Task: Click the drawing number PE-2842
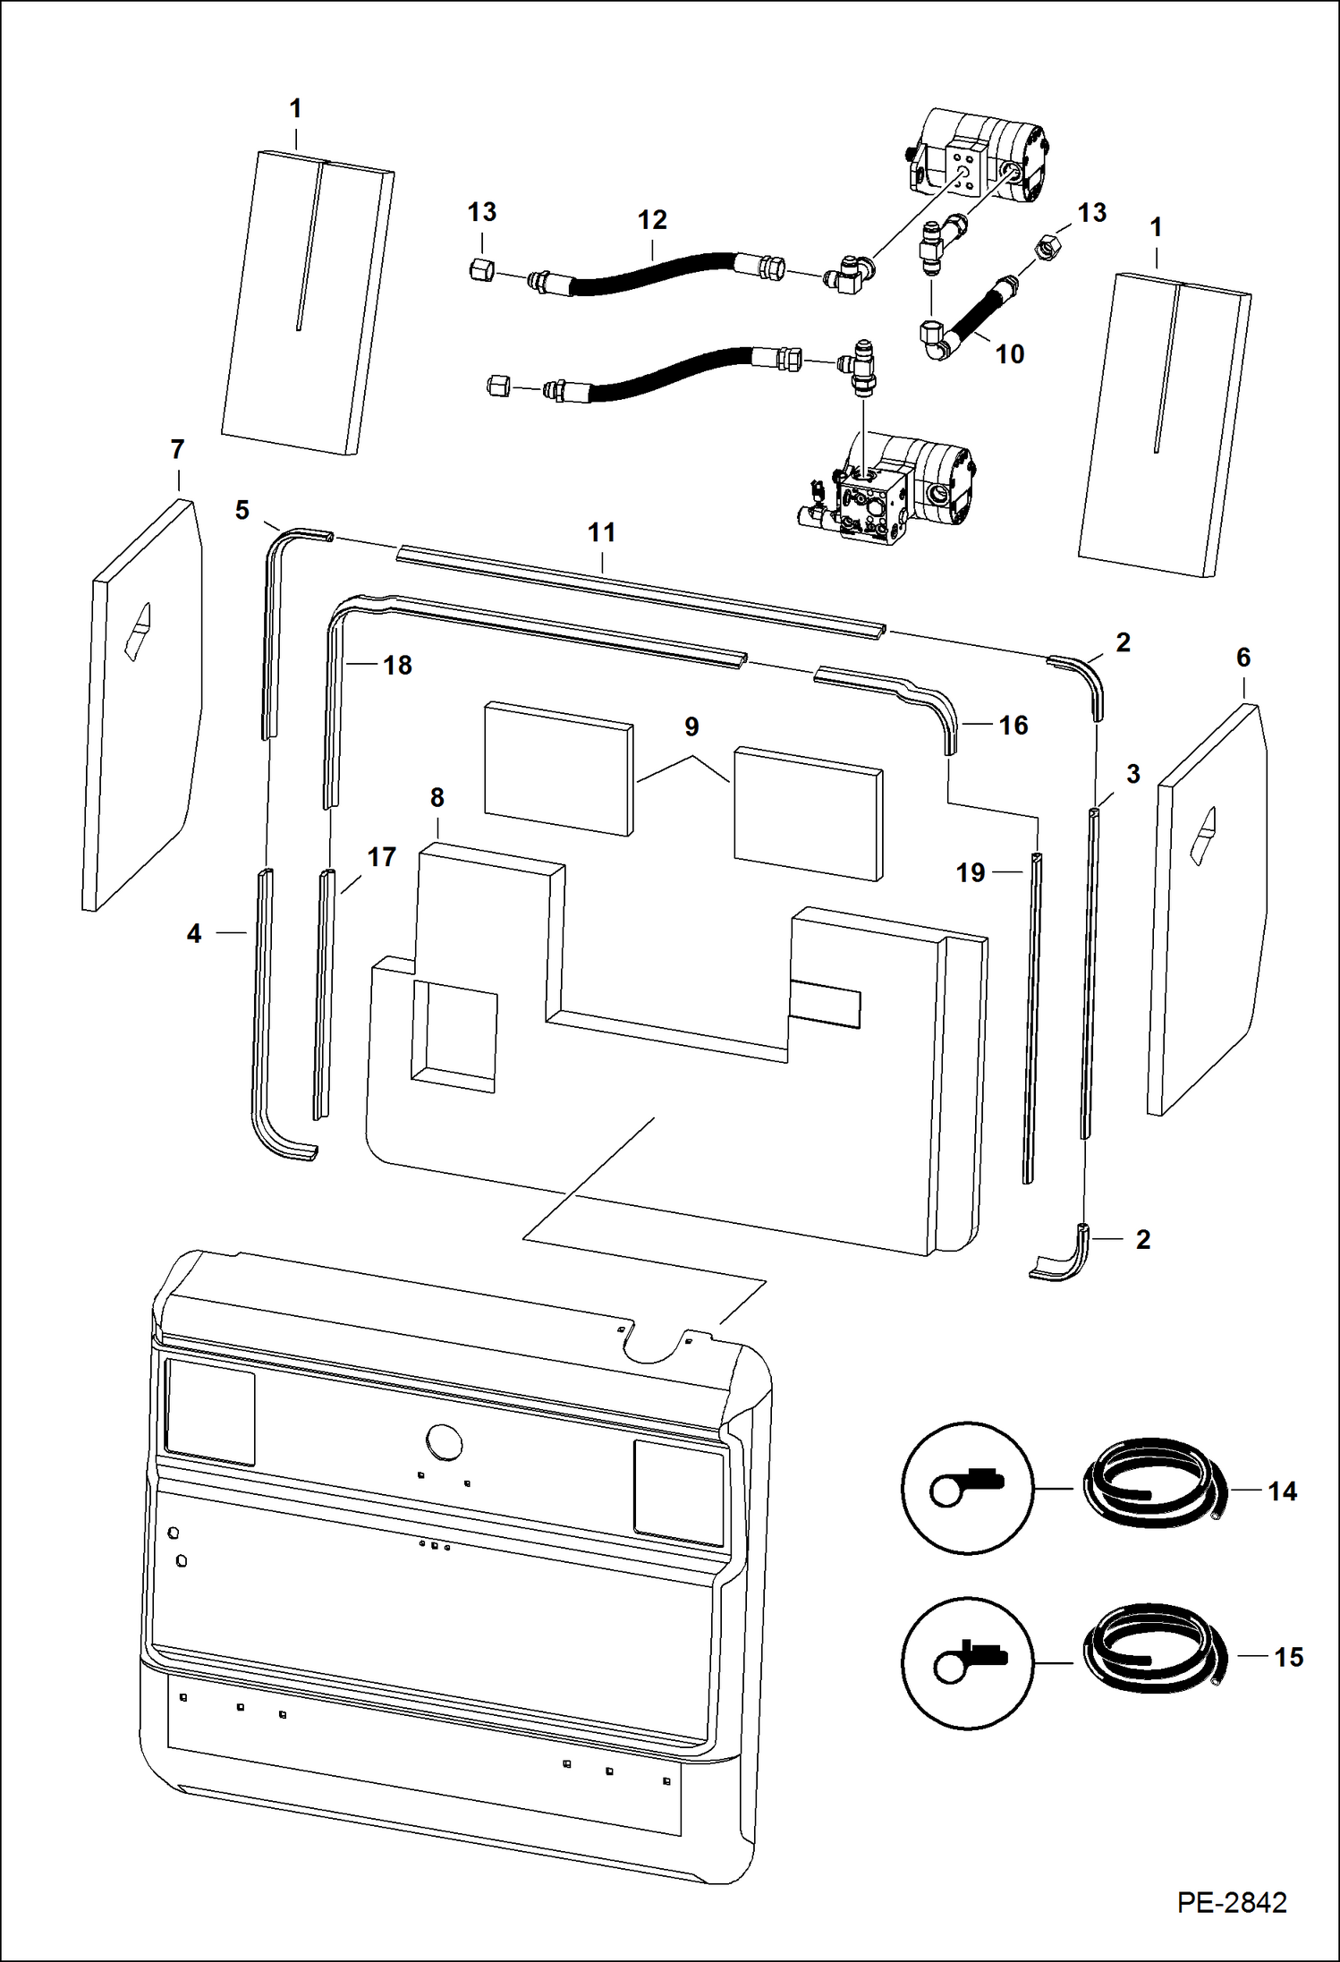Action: pos(1231,1902)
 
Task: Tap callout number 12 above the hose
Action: pos(652,220)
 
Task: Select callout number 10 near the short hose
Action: pos(1009,354)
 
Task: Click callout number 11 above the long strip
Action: pos(601,533)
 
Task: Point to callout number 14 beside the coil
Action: pos(1282,1491)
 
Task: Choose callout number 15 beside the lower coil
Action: pos(1288,1657)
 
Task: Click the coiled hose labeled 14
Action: pos(1154,1490)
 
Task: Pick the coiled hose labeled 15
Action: pos(1154,1656)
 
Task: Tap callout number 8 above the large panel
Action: pos(437,797)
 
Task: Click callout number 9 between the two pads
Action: pos(691,726)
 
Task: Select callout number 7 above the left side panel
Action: pos(177,449)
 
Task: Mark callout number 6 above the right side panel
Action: pos(1242,658)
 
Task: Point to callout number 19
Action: pos(971,872)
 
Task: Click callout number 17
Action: pos(381,857)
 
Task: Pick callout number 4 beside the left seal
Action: pos(194,934)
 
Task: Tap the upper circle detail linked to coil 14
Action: pos(966,1489)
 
